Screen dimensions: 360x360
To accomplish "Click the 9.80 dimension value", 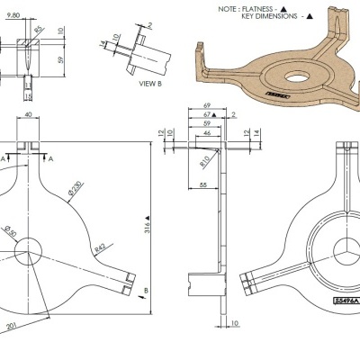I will click(13, 15).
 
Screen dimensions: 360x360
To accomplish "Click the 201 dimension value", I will click(12, 325).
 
